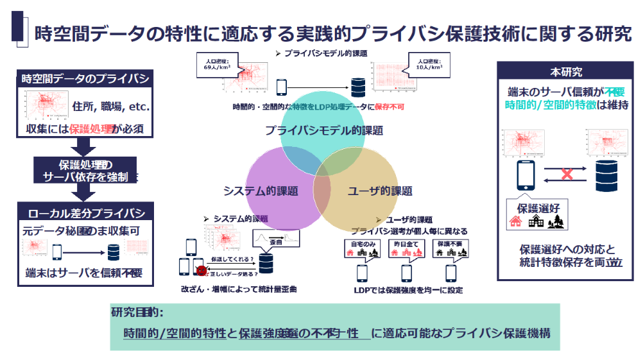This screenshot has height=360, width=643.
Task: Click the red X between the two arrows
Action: (x=567, y=173)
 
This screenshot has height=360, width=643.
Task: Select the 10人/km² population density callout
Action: (x=424, y=64)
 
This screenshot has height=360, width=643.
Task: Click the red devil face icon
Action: (x=201, y=270)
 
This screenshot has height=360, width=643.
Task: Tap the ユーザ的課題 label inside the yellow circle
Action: (x=380, y=191)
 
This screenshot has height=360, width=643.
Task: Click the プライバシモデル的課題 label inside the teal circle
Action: (x=324, y=130)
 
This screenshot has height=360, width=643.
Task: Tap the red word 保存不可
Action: (x=389, y=107)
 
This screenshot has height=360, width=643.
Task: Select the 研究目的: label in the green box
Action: (x=137, y=313)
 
